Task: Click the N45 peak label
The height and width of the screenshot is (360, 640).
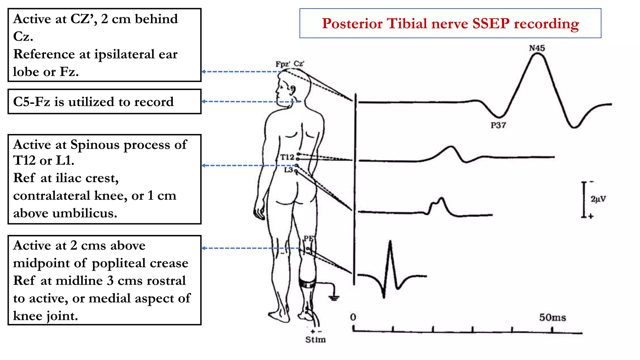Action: [x=537, y=48]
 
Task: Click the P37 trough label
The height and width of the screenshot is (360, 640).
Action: [x=498, y=125]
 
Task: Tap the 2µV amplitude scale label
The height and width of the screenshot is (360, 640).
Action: [x=598, y=199]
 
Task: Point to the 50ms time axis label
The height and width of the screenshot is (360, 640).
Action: [x=552, y=317]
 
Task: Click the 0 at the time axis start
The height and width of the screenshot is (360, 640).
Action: [x=353, y=317]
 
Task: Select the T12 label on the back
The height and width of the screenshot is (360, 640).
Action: [x=287, y=157]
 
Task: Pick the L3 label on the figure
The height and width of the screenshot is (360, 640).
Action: [x=288, y=170]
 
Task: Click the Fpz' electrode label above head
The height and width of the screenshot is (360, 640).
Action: [x=282, y=64]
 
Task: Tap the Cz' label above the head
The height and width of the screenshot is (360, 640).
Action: [x=299, y=64]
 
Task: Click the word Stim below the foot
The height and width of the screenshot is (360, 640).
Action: [x=315, y=340]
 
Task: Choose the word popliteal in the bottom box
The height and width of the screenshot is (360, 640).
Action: [x=119, y=263]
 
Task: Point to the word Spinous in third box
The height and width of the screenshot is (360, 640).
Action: [x=95, y=145]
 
